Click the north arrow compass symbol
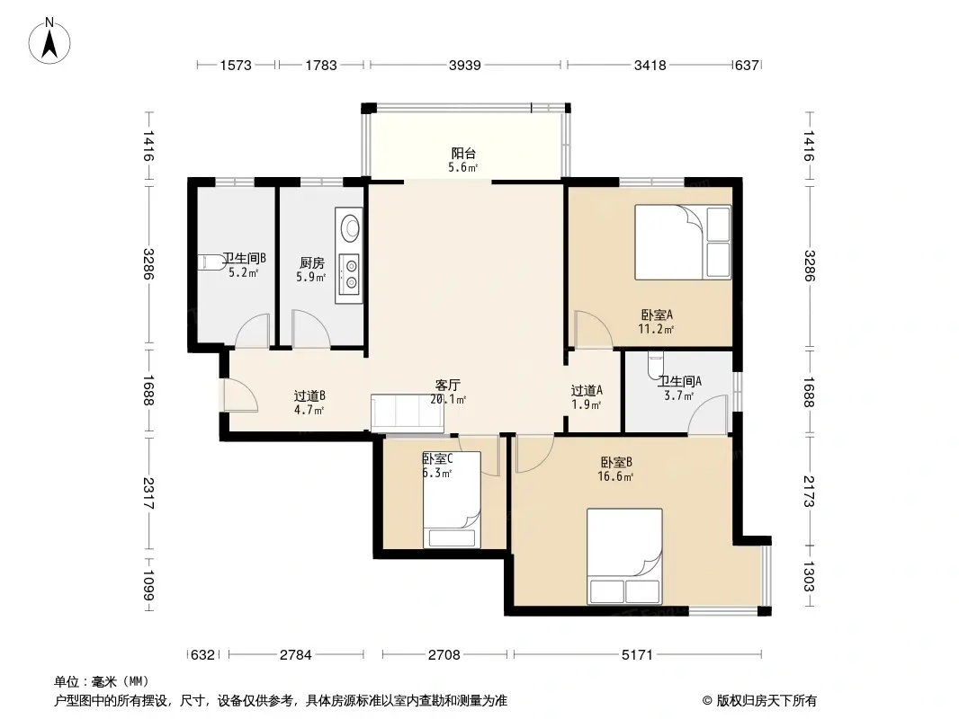coord(49,41)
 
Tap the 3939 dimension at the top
coord(465,65)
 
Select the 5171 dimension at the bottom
coord(637,655)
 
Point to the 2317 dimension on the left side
coord(148,493)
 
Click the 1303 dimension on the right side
coord(809,576)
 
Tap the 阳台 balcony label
coord(463,154)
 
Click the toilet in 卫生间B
coord(212,262)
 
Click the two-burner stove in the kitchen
coord(351,274)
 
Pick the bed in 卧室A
coord(683,242)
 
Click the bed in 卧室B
coord(624,556)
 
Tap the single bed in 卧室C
coord(452,500)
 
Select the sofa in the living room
coord(408,413)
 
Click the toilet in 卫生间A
coord(655,365)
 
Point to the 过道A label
coord(587,390)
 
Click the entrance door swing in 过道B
coord(239,395)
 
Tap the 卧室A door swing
coord(592,329)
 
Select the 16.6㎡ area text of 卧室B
coord(615,476)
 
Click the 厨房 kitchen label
coord(312,262)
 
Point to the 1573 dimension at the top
coord(236,65)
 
